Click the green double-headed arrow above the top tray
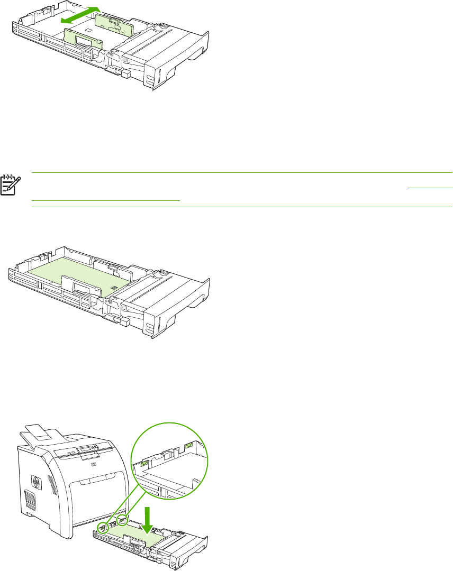[x=79, y=15]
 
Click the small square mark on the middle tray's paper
[x=112, y=286]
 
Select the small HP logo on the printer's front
[x=94, y=466]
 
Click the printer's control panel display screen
[x=86, y=449]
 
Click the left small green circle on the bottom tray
[x=104, y=528]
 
